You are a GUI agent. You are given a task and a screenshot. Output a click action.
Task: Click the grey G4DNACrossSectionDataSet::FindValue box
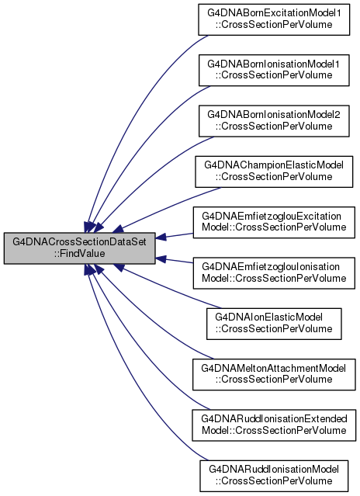click(x=79, y=248)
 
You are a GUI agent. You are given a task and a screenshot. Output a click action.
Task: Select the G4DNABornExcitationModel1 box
click(x=274, y=19)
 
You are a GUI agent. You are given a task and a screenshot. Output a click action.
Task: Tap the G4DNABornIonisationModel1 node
click(x=274, y=70)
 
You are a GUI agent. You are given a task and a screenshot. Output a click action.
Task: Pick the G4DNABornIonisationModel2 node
click(x=274, y=121)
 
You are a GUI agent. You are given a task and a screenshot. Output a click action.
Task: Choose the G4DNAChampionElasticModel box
click(x=274, y=172)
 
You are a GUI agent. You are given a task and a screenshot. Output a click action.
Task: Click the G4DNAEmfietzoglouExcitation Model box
click(x=274, y=222)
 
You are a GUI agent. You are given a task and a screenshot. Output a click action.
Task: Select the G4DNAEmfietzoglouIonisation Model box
click(x=274, y=273)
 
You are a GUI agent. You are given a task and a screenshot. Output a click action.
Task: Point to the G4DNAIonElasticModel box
click(x=274, y=324)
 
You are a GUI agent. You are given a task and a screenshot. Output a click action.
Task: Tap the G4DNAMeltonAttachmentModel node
click(x=274, y=375)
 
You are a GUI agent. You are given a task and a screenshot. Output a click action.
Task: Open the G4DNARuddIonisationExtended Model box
click(x=274, y=425)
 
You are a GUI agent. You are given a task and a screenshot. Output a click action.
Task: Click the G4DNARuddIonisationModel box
click(x=274, y=476)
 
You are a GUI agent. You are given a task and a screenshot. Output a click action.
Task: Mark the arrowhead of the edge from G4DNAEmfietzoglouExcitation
click(x=161, y=237)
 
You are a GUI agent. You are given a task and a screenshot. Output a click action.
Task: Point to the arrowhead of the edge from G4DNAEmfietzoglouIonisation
click(x=161, y=259)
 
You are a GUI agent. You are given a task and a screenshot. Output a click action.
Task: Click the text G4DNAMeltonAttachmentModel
click(x=274, y=369)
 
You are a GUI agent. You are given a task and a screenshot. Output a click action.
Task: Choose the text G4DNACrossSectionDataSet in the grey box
click(x=79, y=242)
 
